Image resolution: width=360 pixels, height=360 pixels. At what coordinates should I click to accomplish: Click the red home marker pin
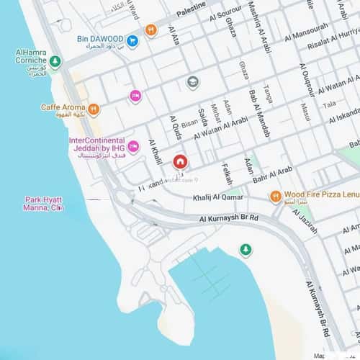click(179, 161)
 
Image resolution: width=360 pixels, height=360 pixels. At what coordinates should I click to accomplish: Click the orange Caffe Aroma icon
click(93, 109)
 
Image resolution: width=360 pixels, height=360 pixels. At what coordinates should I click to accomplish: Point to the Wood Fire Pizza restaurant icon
click(275, 196)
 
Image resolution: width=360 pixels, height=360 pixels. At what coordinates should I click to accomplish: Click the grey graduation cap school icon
click(193, 82)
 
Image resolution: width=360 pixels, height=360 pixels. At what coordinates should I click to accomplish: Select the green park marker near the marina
click(246, 250)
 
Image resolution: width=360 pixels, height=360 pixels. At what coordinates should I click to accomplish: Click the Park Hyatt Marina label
click(44, 203)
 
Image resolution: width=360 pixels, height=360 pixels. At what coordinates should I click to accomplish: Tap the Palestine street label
click(190, 12)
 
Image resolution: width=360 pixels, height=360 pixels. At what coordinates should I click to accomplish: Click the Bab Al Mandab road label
click(254, 104)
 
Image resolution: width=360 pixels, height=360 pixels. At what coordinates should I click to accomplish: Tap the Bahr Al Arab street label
click(272, 171)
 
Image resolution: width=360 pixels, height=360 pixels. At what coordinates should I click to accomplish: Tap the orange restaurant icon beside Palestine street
click(150, 30)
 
